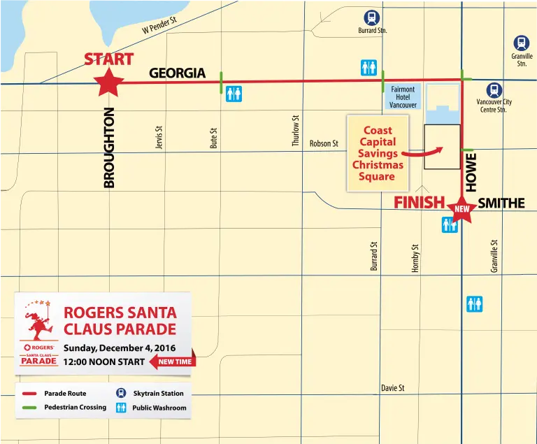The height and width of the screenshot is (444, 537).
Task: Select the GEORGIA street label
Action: [x=177, y=73]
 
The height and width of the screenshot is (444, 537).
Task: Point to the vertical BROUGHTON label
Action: [x=109, y=147]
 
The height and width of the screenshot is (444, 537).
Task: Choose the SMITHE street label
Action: [x=501, y=203]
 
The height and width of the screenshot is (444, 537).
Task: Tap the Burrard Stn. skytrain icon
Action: [x=370, y=17]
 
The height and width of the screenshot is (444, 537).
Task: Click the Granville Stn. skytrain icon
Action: [x=521, y=43]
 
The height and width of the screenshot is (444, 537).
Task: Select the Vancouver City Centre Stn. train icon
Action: [x=494, y=89]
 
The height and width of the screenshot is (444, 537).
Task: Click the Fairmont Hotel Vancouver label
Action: [x=403, y=97]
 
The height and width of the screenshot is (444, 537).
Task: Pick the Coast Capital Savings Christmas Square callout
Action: [x=378, y=153]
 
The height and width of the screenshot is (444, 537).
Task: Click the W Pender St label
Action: [x=159, y=27]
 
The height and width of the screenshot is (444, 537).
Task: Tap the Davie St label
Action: [x=392, y=388]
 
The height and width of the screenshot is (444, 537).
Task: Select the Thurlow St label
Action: [x=296, y=131]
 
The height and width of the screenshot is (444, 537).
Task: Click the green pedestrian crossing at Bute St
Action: [x=222, y=83]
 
